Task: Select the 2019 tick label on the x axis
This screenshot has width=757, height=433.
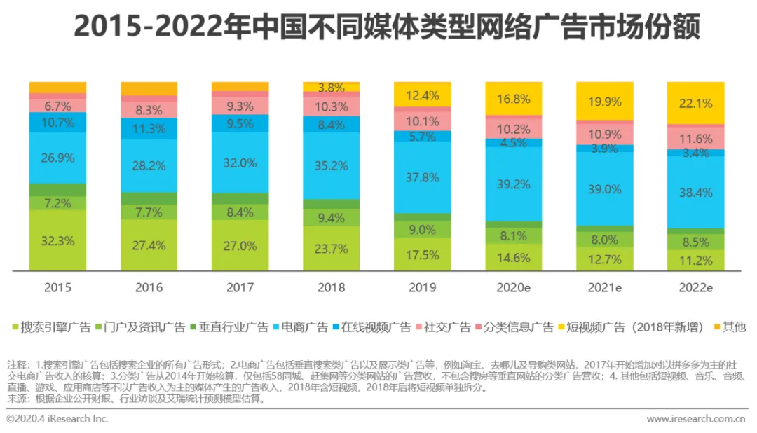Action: pos(422,287)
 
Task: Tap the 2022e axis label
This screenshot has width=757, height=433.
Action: pos(695,287)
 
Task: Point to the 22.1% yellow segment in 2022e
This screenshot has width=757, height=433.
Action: pos(695,104)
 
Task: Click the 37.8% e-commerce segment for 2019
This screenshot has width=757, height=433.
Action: pos(422,177)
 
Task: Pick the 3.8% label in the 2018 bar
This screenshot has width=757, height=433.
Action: pos(331,88)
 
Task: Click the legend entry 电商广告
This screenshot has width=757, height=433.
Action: pos(304,327)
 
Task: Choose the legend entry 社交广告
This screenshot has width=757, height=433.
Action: pos(449,327)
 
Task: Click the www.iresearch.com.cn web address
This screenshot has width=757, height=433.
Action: pos(695,418)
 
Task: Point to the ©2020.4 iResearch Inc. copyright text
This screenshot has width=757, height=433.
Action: pos(57,418)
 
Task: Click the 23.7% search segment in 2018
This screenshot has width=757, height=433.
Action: pos(331,248)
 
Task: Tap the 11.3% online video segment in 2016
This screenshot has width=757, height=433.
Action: pos(149,128)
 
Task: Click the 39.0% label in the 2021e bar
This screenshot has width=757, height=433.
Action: pos(604,189)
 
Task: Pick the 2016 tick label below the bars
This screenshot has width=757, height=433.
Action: pos(149,287)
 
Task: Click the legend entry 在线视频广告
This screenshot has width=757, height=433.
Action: pos(377,327)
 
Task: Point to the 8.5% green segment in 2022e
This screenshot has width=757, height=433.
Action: pos(695,242)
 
